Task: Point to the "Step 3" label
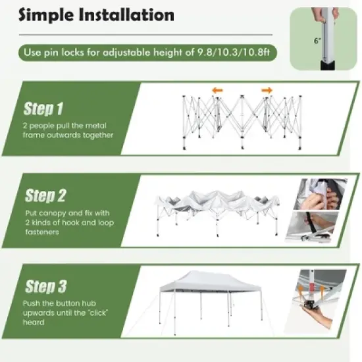point(46,286)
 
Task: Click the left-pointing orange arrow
point(217,90)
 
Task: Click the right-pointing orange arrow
point(267,90)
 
